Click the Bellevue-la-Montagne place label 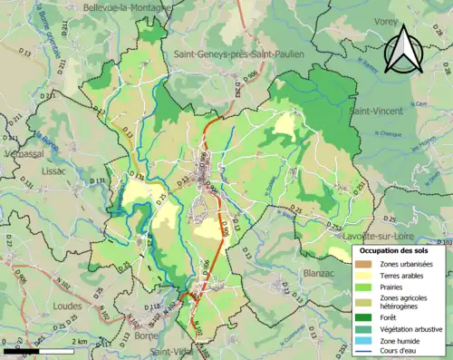(x=127, y=7)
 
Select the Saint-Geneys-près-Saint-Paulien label (x=237, y=54)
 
